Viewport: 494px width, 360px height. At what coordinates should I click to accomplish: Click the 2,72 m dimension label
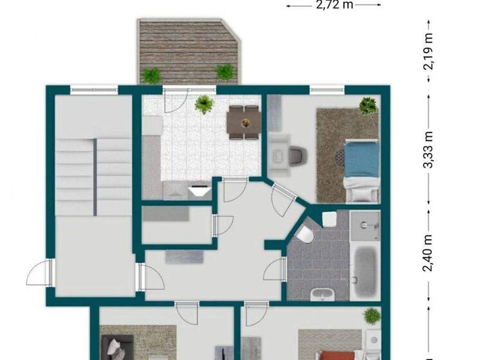[x=334, y=5]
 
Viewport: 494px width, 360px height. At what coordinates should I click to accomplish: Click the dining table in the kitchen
[x=244, y=122]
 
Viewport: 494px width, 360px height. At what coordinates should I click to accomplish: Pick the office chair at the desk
[x=297, y=155]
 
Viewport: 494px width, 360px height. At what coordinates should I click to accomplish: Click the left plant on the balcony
[x=152, y=75]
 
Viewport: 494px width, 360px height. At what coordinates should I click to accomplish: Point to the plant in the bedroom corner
[x=369, y=105]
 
